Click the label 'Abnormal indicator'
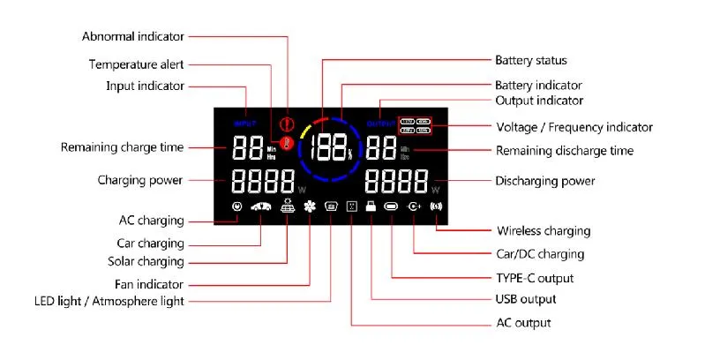(133, 36)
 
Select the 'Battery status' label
(530, 61)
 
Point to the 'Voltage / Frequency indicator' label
(574, 127)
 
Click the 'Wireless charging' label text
(544, 231)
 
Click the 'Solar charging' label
(146, 262)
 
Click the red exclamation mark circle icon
(285, 124)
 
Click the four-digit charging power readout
(263, 182)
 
